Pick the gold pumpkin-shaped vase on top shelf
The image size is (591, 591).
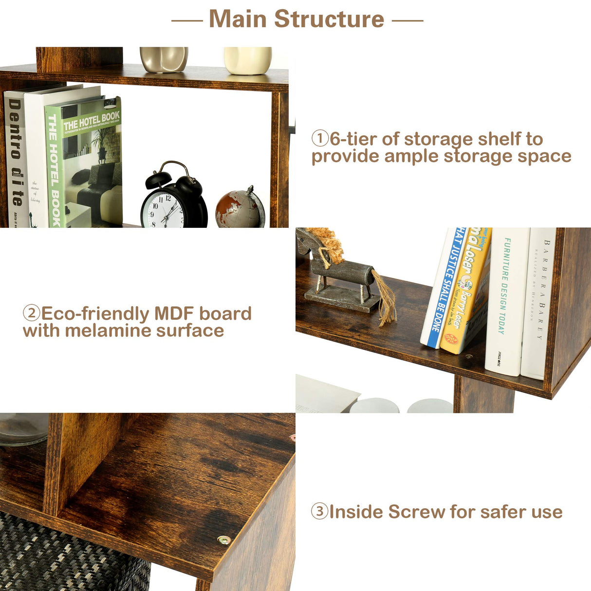(164, 59)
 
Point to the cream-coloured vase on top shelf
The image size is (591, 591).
(248, 60)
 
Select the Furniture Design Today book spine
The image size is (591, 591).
(506, 302)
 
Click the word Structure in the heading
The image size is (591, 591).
(329, 19)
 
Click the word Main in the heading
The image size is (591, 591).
(238, 19)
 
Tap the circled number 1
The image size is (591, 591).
(320, 139)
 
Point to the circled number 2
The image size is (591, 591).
(32, 313)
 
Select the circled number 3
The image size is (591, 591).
(319, 512)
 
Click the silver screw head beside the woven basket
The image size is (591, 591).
(223, 540)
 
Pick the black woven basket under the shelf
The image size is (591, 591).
(73, 555)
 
